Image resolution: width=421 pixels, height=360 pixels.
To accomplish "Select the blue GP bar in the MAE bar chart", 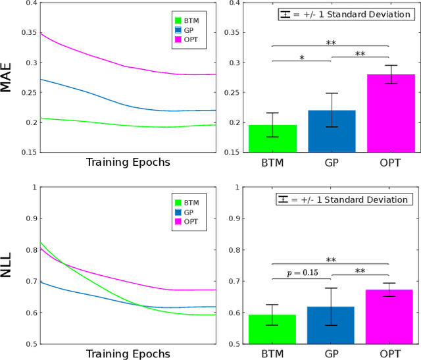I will [x=332, y=132].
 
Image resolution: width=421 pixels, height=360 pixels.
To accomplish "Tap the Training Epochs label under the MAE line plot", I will [x=128, y=163].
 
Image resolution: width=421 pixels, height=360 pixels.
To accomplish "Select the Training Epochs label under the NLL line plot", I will [x=128, y=354].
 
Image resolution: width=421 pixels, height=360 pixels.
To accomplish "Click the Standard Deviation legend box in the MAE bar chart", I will [x=343, y=14].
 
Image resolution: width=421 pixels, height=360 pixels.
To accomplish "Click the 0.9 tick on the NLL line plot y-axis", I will [x=28, y=218].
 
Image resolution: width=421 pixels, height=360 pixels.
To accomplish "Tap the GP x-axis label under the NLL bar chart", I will [x=332, y=353].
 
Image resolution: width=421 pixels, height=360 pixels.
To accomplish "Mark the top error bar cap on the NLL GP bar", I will [x=332, y=288].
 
